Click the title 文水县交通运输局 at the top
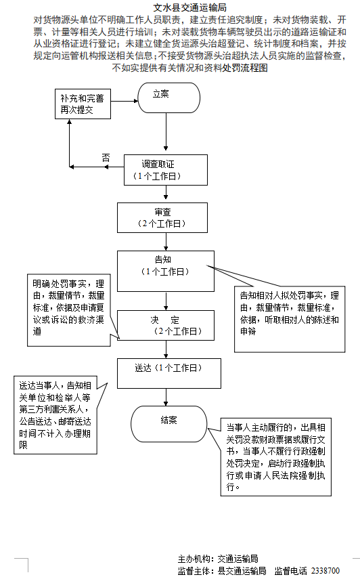180,7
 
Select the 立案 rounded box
168,98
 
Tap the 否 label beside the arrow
106,157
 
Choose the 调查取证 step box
165,169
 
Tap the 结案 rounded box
168,421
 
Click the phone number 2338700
325,571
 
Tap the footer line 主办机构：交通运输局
217,559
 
